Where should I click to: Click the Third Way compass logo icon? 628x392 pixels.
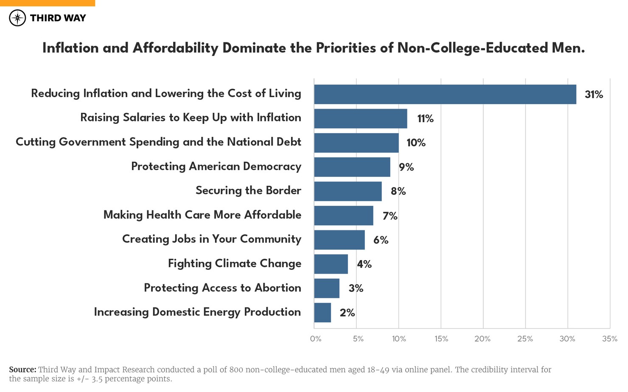pyautogui.click(x=17, y=18)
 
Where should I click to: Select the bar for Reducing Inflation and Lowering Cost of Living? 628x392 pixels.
pyautogui.click(x=445, y=94)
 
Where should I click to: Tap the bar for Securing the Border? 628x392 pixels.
pyautogui.click(x=348, y=191)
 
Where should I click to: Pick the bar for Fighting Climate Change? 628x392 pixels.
pyautogui.click(x=331, y=264)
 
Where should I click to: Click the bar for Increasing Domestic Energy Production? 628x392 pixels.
pyautogui.click(x=322, y=313)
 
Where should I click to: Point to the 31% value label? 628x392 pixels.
pyautogui.click(x=594, y=95)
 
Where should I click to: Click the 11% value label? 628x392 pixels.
pyautogui.click(x=425, y=119)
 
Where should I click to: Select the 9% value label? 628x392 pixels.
pyautogui.click(x=406, y=167)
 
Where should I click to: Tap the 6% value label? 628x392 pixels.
pyautogui.click(x=381, y=240)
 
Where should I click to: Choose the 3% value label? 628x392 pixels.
pyautogui.click(x=356, y=288)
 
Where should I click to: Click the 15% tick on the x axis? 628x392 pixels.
pyautogui.click(x=441, y=339)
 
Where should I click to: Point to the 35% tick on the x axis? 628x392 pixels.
pyautogui.click(x=610, y=339)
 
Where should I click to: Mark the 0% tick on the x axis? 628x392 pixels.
pyautogui.click(x=316, y=339)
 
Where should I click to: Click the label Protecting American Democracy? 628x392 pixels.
pyautogui.click(x=216, y=166)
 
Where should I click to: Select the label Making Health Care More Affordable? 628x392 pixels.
pyautogui.click(x=202, y=215)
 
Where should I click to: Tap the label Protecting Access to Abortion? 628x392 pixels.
pyautogui.click(x=222, y=288)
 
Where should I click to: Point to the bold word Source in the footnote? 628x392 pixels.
pyautogui.click(x=22, y=370)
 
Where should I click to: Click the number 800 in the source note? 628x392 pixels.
pyautogui.click(x=236, y=370)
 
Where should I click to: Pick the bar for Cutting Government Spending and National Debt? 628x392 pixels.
pyautogui.click(x=356, y=143)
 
